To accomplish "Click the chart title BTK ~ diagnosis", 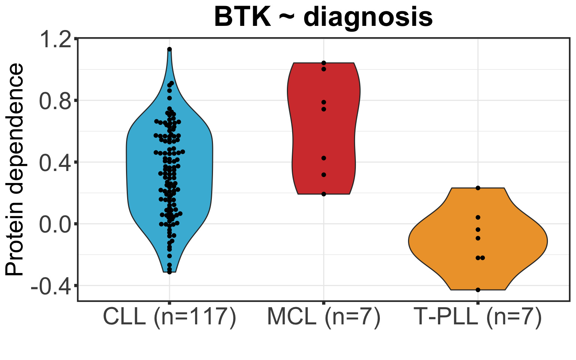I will point(323,17).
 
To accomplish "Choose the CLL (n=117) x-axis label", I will point(169,317).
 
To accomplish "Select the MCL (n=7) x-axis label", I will point(324,317).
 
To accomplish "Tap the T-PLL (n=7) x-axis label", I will point(478,317).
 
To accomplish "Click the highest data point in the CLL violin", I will point(169,49).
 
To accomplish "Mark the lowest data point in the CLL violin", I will point(169,272).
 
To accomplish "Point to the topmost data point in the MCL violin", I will point(324,63).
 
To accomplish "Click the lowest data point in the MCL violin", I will point(324,194).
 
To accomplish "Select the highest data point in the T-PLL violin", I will point(478,188).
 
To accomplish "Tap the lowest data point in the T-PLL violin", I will point(478,289).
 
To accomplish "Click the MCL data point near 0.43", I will point(324,158).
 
